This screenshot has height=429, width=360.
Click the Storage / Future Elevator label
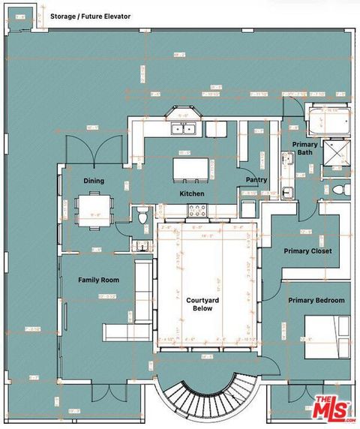click(90, 16)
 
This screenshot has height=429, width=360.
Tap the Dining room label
click(94, 181)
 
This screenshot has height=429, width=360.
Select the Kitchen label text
click(192, 193)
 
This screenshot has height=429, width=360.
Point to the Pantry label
click(256, 180)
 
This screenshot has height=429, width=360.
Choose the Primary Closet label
click(307, 251)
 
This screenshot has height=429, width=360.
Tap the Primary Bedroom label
click(316, 300)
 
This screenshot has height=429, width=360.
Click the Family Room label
click(99, 280)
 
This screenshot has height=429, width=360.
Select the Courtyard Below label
click(202, 304)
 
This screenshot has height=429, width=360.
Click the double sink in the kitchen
click(184, 129)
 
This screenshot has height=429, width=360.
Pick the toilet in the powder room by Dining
click(142, 217)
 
